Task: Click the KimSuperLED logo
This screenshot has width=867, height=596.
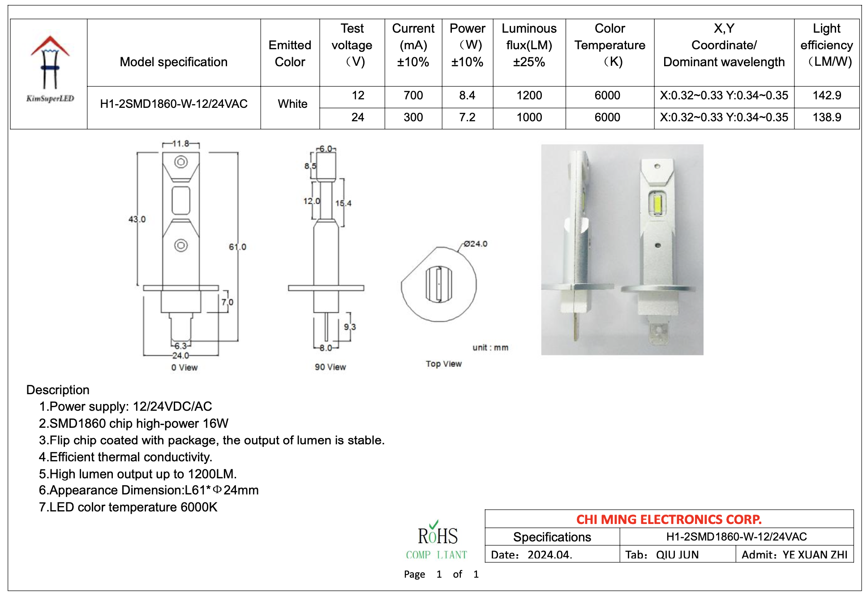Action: click(x=50, y=69)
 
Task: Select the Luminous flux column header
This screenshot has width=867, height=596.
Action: click(x=529, y=45)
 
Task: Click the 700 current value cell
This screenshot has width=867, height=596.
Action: click(x=413, y=95)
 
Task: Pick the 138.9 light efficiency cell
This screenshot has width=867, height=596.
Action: click(x=827, y=117)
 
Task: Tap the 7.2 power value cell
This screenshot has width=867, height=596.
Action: click(x=467, y=117)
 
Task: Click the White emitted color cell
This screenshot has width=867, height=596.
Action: click(x=292, y=104)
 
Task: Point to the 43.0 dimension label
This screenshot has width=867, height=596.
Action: click(x=137, y=219)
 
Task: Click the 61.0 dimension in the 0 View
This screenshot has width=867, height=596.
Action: click(x=237, y=247)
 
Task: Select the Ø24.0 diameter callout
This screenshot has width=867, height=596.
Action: click(x=475, y=244)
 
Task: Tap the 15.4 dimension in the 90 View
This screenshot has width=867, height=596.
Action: click(x=343, y=203)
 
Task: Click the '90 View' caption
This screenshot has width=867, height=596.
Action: click(x=330, y=367)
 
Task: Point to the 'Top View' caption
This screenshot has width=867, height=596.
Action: click(x=443, y=364)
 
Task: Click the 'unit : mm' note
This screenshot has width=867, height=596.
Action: click(x=490, y=348)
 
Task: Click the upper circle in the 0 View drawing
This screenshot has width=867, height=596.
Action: click(x=181, y=162)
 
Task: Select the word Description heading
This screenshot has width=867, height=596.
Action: click(x=58, y=390)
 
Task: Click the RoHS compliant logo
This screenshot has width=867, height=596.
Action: click(x=437, y=541)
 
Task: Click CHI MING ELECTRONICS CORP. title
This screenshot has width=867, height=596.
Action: click(x=669, y=519)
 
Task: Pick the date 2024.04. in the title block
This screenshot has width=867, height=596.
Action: click(x=549, y=555)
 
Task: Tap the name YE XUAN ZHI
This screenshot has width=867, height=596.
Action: click(x=815, y=555)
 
